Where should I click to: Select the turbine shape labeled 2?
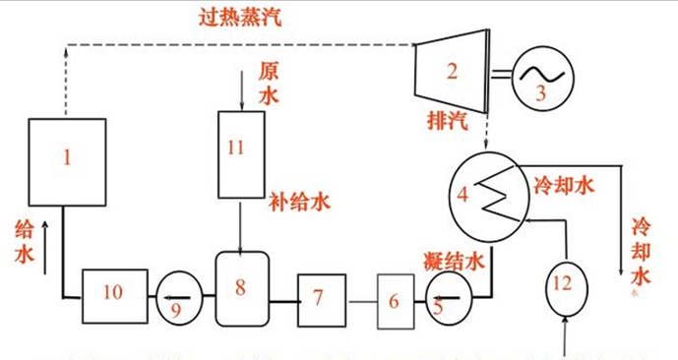tap(451, 73)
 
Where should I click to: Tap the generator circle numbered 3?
tap(539, 78)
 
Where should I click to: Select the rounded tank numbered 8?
tap(241, 289)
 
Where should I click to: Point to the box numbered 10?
tap(114, 293)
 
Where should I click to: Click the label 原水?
tap(270, 83)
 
